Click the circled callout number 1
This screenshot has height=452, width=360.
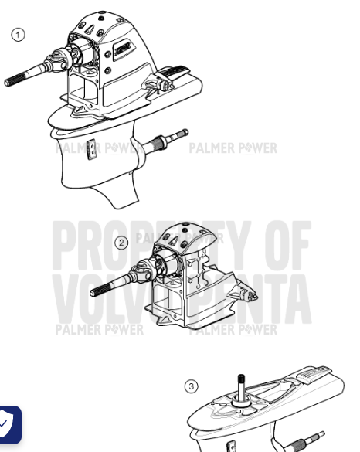[x=17, y=34]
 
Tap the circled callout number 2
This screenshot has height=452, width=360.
[x=121, y=243]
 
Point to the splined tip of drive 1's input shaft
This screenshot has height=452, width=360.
[x=16, y=80]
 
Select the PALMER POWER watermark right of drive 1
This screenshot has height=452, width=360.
[x=233, y=148]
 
